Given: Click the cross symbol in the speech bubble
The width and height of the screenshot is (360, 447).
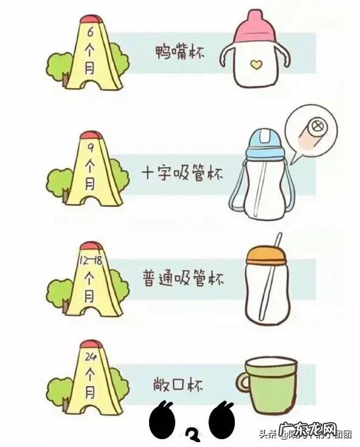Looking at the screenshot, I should [316, 128].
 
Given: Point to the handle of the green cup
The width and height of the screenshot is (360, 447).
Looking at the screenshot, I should [242, 384].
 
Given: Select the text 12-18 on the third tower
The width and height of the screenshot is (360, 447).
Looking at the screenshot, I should [89, 260].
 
